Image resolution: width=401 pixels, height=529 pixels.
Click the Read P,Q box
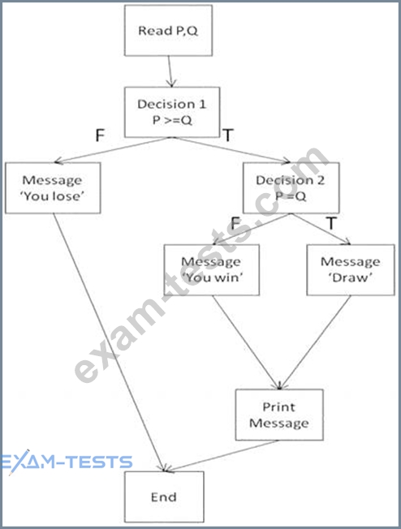tap(168, 30)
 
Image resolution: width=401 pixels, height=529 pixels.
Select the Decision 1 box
tap(172, 112)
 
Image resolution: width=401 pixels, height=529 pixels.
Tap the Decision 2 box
tap(291, 188)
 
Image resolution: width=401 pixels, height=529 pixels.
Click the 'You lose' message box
tap(53, 188)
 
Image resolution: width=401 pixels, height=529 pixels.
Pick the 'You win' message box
tap(212, 270)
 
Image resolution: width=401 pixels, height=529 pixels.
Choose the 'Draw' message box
tap(351, 270)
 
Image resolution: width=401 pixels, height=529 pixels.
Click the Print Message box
tap(279, 415)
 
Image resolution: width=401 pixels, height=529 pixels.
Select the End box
tap(164, 497)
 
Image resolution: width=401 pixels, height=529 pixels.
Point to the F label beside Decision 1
tap(100, 135)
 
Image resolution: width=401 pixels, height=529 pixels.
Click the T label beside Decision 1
tap(228, 135)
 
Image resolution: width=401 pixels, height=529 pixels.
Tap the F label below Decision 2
tap(235, 223)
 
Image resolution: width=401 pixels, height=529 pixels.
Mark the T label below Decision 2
tap(331, 223)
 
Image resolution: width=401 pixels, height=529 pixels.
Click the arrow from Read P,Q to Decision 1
tap(170, 71)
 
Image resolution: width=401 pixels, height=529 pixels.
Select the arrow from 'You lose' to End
tap(109, 342)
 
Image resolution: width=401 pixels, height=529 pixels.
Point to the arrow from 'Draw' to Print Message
tap(316, 342)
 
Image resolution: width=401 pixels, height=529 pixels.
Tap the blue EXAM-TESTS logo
tap(67, 462)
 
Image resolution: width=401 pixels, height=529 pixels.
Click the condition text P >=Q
tap(172, 120)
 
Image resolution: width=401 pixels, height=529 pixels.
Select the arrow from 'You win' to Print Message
tap(247, 342)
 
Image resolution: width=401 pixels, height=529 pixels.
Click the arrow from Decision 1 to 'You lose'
tap(113, 150)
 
